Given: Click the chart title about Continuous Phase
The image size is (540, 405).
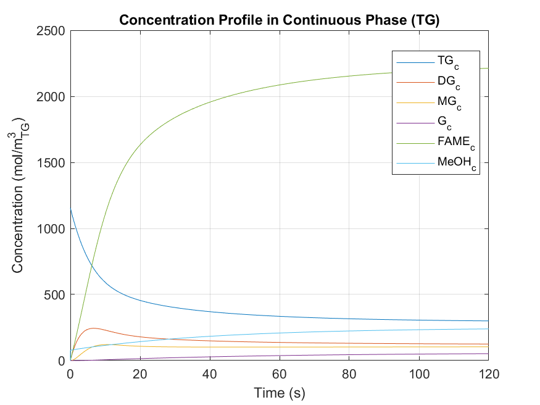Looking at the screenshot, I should [x=279, y=20].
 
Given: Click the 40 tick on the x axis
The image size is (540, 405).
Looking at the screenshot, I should [x=210, y=374].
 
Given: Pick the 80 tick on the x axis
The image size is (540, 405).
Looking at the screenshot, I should [x=349, y=374].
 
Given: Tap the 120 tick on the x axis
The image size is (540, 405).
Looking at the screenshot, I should [x=488, y=374].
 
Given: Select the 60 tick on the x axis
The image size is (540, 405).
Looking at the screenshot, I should [x=280, y=374].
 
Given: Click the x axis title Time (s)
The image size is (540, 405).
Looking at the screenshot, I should [x=279, y=392].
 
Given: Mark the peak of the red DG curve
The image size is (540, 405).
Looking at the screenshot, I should [x=93, y=328].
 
